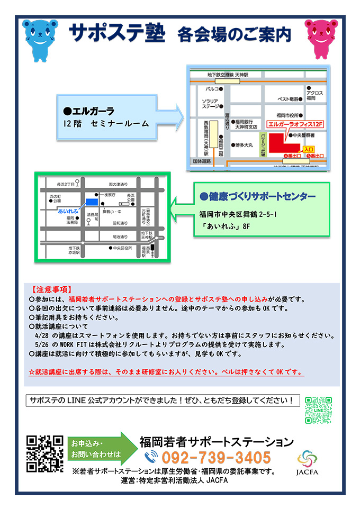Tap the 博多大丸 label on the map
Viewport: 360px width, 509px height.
(x=244, y=143)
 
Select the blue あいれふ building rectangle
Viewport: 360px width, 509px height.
(x=92, y=202)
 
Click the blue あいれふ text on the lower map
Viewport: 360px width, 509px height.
(x=68, y=210)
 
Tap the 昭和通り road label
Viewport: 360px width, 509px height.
(x=119, y=223)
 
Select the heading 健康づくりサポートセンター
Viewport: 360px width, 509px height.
(x=258, y=196)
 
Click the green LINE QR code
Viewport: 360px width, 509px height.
(x=318, y=410)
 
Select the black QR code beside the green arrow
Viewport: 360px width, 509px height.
(x=45, y=453)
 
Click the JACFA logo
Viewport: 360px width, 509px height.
(x=308, y=462)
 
